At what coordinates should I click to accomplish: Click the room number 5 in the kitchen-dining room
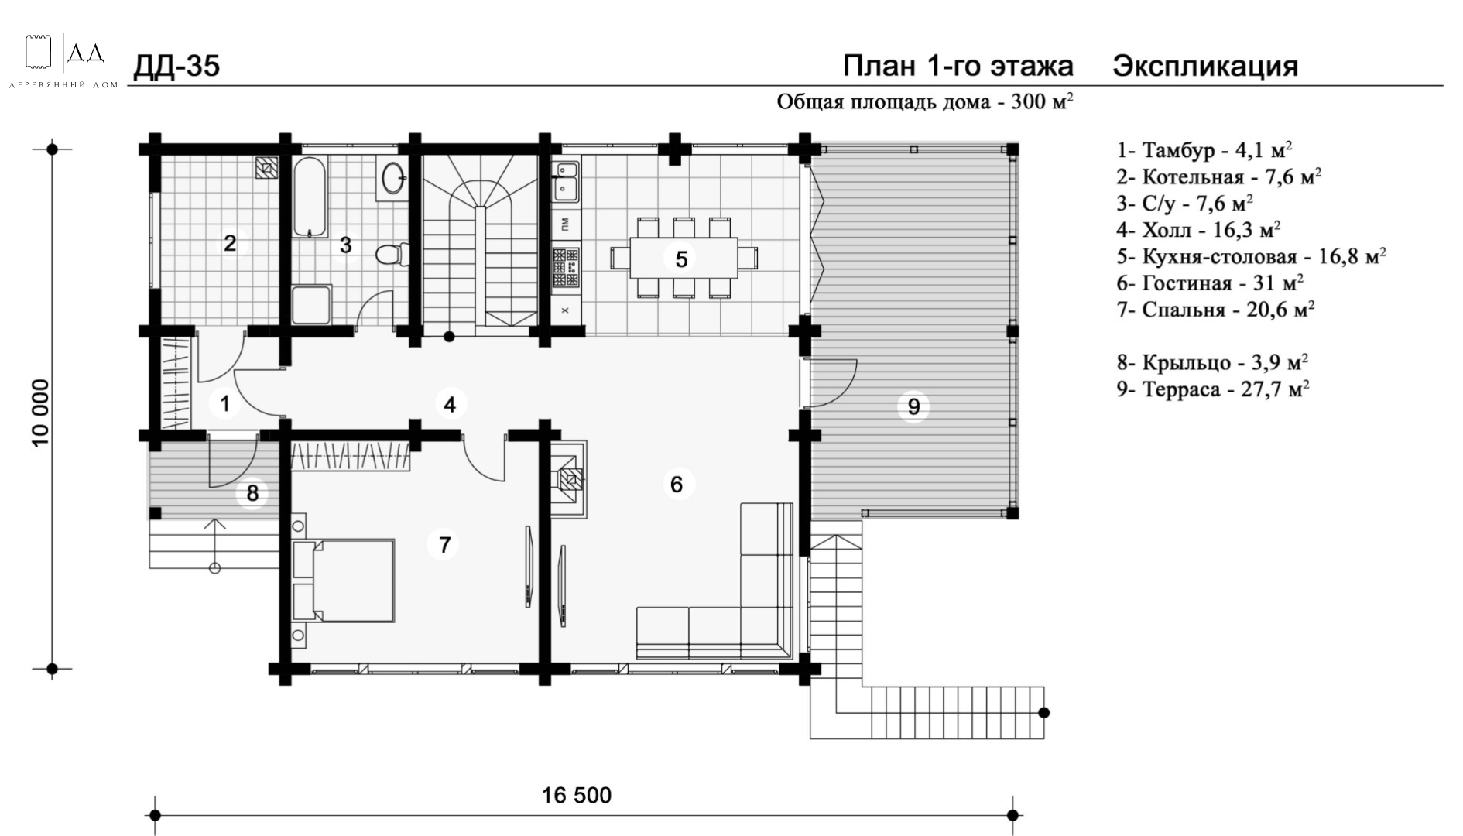pos(681,259)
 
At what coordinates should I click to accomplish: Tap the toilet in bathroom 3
pos(389,254)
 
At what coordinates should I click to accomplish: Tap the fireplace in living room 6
pos(569,478)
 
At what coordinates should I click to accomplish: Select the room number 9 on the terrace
pos(913,406)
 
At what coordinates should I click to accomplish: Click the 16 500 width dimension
pos(577,795)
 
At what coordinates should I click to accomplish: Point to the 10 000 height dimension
pos(41,412)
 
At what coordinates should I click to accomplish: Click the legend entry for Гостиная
pos(1210,283)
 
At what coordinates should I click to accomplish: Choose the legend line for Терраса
pos(1213,389)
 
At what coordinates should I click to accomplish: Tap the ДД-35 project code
pos(176,67)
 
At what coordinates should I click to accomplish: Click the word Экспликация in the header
pos(1205,67)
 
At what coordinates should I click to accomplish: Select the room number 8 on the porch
pos(252,493)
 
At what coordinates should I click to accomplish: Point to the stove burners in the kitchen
pos(566,268)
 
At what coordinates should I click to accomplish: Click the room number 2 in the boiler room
pos(230,244)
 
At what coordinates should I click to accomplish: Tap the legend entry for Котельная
pos(1218,176)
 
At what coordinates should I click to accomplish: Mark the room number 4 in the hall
pos(450,404)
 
